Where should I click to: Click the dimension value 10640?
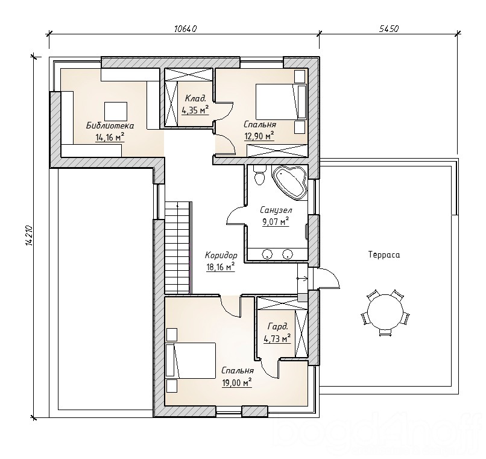pyautogui.click(x=186, y=29)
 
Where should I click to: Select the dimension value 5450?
pyautogui.click(x=389, y=29)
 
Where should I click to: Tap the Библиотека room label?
pyautogui.click(x=110, y=125)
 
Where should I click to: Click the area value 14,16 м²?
pyautogui.click(x=110, y=137)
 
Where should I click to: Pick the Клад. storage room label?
pyautogui.click(x=195, y=99)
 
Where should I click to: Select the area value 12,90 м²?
pyautogui.click(x=259, y=136)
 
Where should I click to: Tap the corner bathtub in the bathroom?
pyautogui.click(x=290, y=182)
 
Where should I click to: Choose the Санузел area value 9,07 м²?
pyautogui.click(x=276, y=222)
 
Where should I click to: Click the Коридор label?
pyautogui.click(x=221, y=255)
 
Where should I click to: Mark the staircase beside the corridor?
pyautogui.click(x=177, y=247)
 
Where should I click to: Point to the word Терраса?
pyautogui.click(x=384, y=255)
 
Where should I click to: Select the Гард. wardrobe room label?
pyautogui.click(x=278, y=326)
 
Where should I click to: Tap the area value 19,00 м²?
pyautogui.click(x=237, y=383)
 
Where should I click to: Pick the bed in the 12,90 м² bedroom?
pyautogui.click(x=281, y=101)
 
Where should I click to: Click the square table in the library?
pyautogui.click(x=116, y=112)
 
